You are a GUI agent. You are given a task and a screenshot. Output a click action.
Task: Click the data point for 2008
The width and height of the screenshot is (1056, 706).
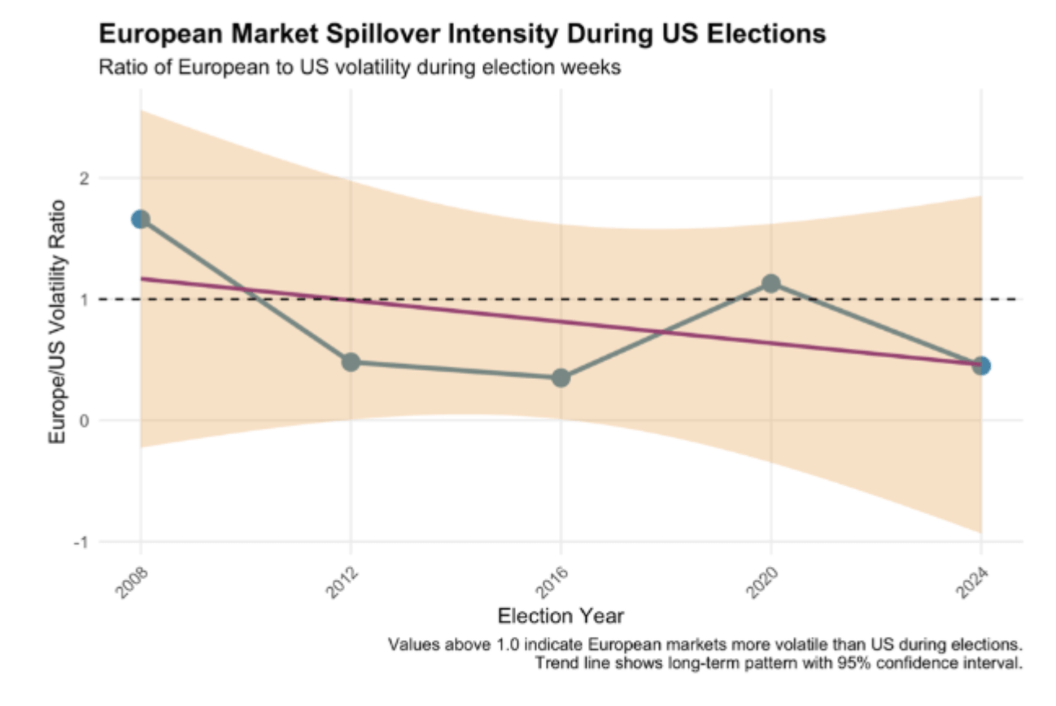pos(141,220)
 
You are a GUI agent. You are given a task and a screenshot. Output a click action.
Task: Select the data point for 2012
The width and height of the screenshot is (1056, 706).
pos(351,362)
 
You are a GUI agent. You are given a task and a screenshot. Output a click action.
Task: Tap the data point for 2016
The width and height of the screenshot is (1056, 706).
pos(561,377)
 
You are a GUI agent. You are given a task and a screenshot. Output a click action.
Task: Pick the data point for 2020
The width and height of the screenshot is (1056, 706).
pos(770,283)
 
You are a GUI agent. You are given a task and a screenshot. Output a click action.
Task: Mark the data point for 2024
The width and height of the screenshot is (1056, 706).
pos(981,365)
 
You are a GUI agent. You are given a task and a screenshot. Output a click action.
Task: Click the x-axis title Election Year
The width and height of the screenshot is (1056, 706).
pos(561,615)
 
